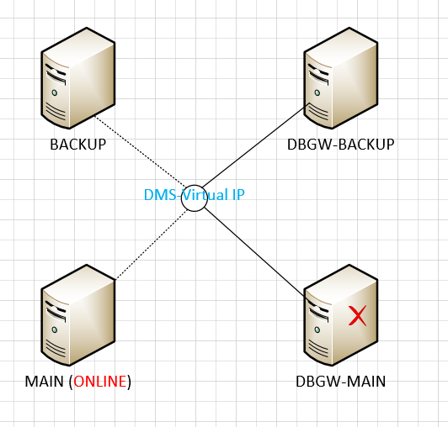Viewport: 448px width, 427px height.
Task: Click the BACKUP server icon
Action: tap(78, 78)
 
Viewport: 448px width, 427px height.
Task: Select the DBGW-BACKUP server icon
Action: tap(341, 78)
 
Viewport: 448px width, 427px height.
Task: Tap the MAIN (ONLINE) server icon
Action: tap(78, 315)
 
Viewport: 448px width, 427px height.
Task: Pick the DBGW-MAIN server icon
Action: tap(341, 315)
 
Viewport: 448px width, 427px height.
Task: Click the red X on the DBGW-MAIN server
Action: tap(357, 315)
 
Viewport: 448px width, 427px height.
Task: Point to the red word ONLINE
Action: tap(100, 382)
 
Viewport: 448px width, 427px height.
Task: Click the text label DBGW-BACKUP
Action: tap(340, 145)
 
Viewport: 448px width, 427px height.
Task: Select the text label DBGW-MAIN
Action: tap(340, 382)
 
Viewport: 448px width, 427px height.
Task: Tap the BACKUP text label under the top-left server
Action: tap(78, 145)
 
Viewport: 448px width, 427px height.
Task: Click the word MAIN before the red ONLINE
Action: tap(45, 382)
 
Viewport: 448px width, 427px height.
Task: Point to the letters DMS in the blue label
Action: tap(160, 195)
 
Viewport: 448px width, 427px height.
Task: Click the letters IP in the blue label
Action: tap(238, 195)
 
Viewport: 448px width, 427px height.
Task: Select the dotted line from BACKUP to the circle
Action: tap(140, 151)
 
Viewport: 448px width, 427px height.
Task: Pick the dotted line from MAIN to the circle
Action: tap(152, 244)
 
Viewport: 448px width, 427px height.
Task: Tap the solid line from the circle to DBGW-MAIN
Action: tap(255, 253)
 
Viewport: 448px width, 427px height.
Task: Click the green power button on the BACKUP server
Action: tap(54, 92)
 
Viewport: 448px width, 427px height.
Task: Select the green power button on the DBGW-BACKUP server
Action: tap(317, 92)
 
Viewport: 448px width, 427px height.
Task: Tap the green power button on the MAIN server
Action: tap(54, 329)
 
